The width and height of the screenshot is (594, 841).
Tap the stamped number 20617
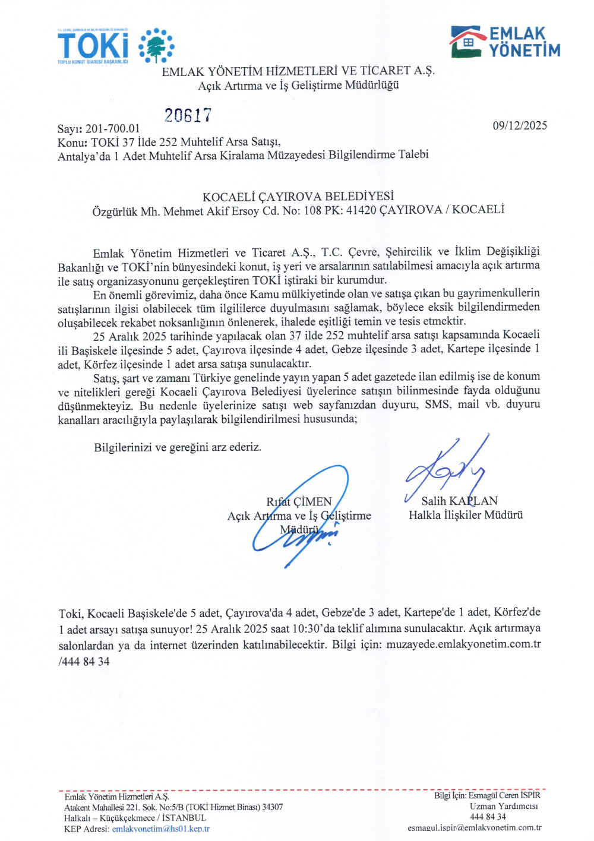pos(188,115)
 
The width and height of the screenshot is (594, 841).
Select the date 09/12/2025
pos(520,125)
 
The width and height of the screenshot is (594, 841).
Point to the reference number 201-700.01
pos(113,129)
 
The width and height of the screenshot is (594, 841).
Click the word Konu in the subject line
pos(71,143)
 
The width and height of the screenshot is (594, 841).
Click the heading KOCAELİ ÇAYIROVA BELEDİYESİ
pos(298,197)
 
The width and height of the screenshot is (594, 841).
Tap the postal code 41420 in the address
pos(361,210)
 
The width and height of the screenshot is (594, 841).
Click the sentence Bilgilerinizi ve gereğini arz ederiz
pos(178,447)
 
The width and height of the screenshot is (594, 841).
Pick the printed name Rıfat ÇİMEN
pos(299,502)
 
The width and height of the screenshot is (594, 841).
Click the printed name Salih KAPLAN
pos(459,501)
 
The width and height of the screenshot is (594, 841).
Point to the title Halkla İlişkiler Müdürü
pos(466,515)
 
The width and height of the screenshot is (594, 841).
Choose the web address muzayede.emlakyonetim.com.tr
pos(463,644)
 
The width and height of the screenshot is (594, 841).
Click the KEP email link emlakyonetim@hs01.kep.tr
pos(161,829)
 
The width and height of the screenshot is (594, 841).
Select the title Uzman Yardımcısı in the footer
pos(504,806)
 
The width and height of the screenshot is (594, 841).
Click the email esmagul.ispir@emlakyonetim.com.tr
pos(474,827)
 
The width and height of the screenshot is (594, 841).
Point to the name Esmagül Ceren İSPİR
pos(504,795)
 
